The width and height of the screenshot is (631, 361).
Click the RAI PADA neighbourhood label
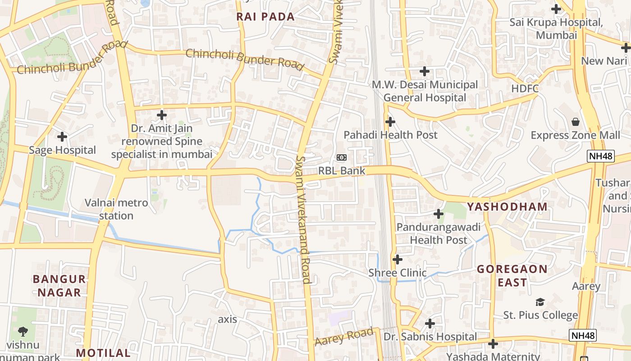265,17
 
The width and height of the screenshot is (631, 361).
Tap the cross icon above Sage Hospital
62,136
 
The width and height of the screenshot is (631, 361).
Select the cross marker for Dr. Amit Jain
162,115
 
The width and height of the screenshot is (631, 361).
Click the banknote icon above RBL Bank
341,157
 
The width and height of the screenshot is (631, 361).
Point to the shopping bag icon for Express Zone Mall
575,122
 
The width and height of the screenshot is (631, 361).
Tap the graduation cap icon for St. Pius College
540,302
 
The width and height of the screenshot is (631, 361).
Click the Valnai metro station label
116,209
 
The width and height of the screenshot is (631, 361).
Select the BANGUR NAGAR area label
59,285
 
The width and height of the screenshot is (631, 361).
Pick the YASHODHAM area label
507,207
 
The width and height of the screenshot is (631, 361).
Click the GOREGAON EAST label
512,276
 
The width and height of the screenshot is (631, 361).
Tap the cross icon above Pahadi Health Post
390,121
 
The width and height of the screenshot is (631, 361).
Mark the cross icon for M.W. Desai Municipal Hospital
424,71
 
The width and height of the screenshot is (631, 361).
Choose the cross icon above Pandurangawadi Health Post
438,214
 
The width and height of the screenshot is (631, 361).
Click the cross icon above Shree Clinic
397,259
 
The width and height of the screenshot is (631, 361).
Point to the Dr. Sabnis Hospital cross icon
430,324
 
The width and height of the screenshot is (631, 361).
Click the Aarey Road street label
344,337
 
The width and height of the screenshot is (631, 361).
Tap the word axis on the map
227,319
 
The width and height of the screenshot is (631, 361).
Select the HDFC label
525,89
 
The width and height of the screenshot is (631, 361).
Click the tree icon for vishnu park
23,332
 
